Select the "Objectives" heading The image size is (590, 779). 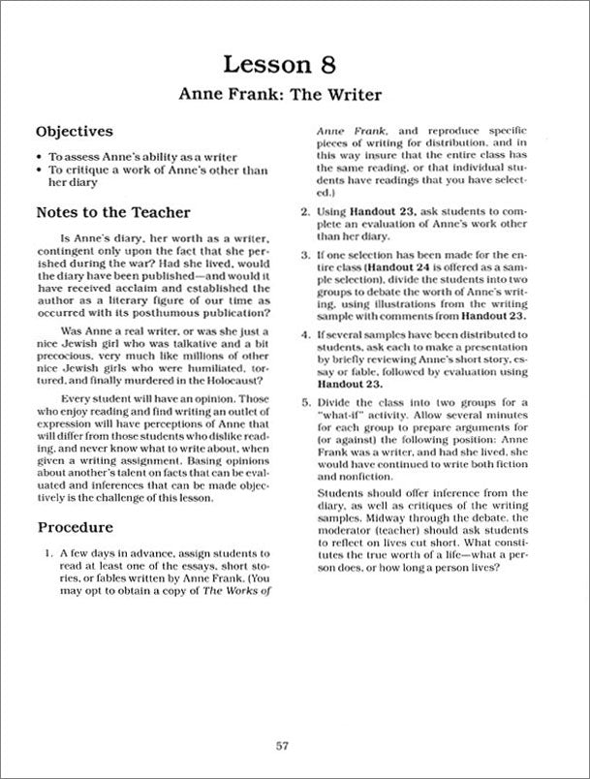click(74, 131)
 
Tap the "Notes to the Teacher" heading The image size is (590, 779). click(112, 212)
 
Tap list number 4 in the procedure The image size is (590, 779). click(304, 334)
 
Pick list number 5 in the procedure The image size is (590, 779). click(304, 400)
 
